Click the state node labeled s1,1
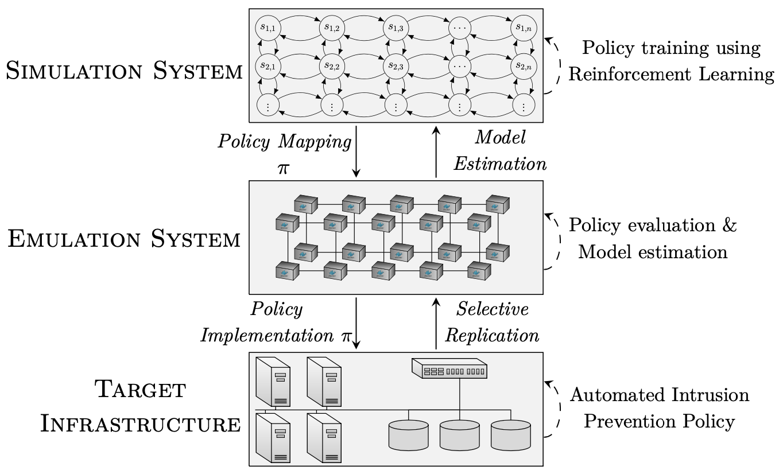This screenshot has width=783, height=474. pos(267,27)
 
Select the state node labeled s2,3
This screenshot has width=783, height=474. pos(396,67)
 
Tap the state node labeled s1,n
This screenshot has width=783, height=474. pos(523,27)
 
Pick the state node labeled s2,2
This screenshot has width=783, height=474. pos(331,67)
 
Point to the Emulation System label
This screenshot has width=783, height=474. pos(124,239)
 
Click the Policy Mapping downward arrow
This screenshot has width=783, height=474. pos(356,152)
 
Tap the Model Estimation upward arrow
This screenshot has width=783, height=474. pos(436,152)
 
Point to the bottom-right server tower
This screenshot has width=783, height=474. pos(324,437)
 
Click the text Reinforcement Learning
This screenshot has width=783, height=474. pos(670,75)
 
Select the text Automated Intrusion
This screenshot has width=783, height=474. pos(659,395)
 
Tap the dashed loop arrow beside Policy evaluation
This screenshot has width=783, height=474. pos(552,240)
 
